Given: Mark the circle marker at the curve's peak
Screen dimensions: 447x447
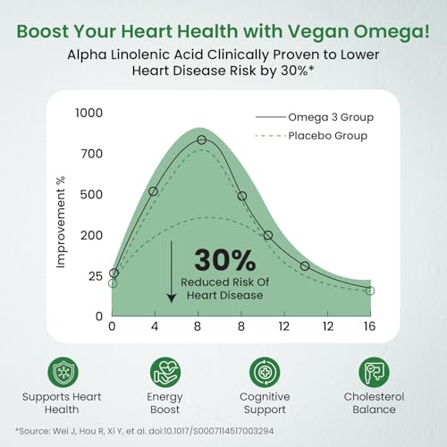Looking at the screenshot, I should click(x=202, y=140).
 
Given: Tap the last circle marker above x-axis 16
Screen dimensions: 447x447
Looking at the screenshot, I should click(x=369, y=291).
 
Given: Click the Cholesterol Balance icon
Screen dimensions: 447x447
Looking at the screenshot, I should click(x=373, y=371).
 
